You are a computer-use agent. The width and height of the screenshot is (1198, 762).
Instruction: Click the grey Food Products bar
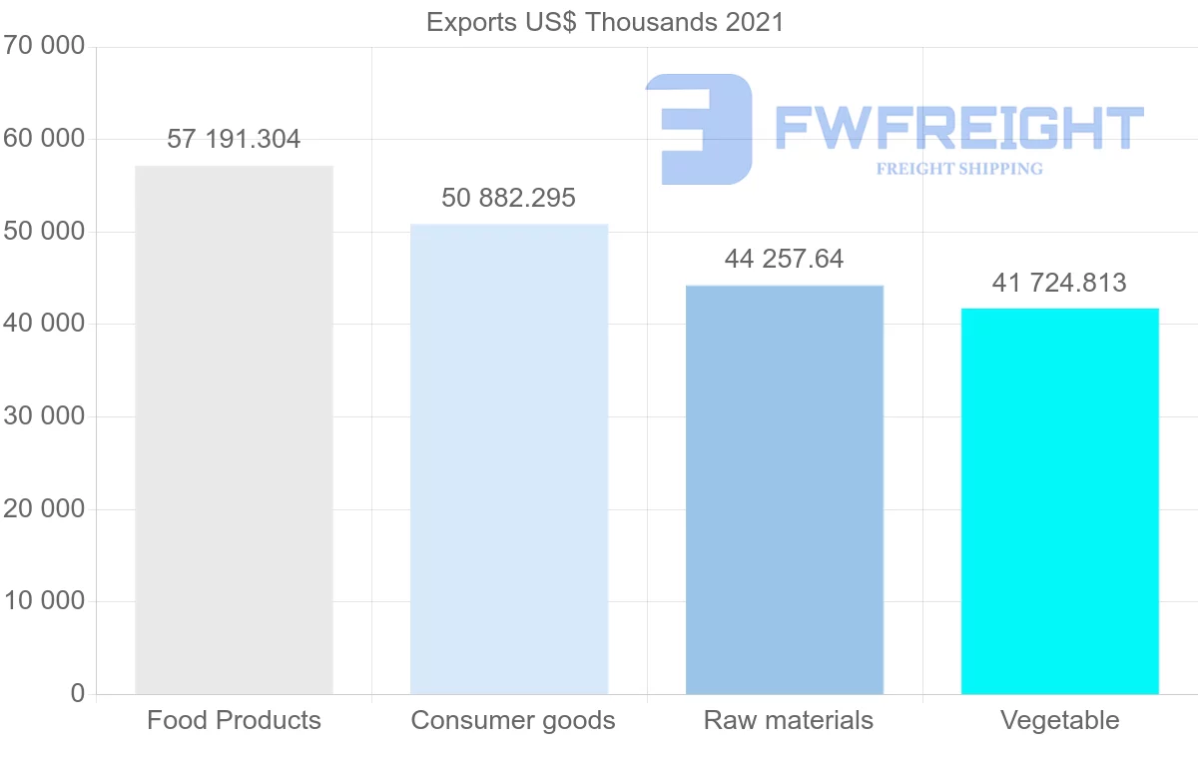[234, 429]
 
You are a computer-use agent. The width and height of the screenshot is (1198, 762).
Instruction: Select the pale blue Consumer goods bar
[509, 458]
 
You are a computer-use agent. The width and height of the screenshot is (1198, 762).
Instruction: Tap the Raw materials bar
[785, 489]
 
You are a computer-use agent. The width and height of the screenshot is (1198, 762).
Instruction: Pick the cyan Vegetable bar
[1059, 500]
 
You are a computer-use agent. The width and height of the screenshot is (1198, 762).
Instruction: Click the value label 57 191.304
[234, 140]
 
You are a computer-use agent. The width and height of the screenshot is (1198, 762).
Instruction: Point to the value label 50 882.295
[509, 198]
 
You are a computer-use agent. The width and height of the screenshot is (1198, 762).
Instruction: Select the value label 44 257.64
[785, 260]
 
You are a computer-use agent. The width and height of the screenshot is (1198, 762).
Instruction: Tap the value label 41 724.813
[1059, 284]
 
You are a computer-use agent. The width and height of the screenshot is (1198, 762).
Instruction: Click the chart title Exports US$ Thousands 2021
[605, 22]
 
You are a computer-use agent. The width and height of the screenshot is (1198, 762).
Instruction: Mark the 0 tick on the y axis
[78, 694]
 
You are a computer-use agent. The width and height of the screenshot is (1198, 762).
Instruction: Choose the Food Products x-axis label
[234, 720]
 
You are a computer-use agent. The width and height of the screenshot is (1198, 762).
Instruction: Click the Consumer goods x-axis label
[513, 720]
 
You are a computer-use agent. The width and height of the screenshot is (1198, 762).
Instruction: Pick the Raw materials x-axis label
[789, 720]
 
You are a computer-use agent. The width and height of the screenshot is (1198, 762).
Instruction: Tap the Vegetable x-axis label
[1059, 720]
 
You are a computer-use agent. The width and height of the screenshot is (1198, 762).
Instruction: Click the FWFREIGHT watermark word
[958, 127]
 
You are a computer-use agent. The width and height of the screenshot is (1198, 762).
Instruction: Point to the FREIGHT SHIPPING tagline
[959, 169]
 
